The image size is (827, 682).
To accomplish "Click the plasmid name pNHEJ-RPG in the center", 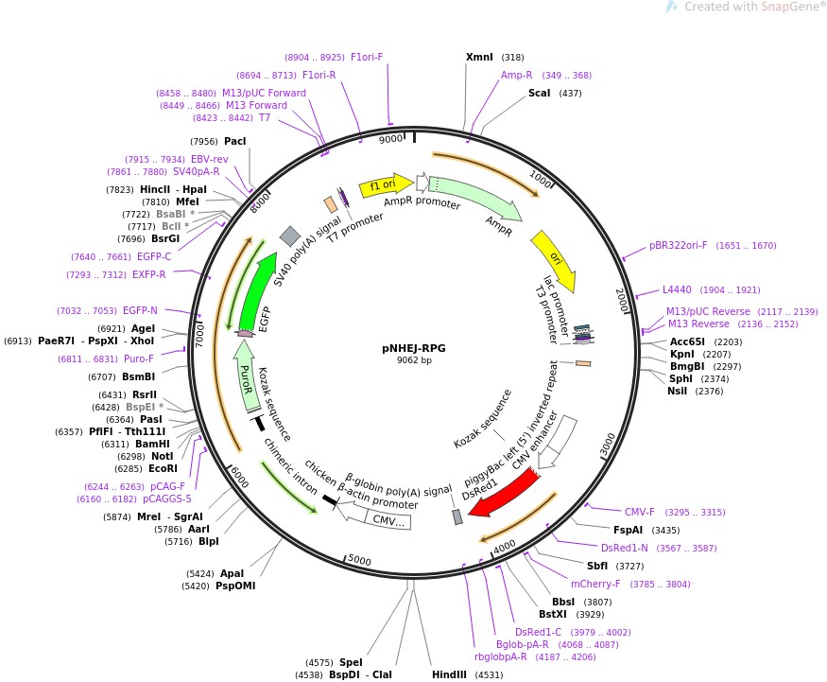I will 414,347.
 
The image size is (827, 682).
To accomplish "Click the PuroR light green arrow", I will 247,375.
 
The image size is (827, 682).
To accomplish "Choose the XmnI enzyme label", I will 479,57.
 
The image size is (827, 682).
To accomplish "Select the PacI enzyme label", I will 234,141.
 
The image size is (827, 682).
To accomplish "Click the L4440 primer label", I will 677,289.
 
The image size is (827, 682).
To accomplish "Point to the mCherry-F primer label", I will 595,583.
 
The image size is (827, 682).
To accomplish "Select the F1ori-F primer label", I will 367,57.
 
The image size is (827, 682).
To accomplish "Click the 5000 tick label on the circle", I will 359,560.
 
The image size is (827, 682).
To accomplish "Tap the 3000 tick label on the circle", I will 608,440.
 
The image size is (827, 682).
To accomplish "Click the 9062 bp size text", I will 414,360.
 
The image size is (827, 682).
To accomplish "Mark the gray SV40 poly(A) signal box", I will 290,236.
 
